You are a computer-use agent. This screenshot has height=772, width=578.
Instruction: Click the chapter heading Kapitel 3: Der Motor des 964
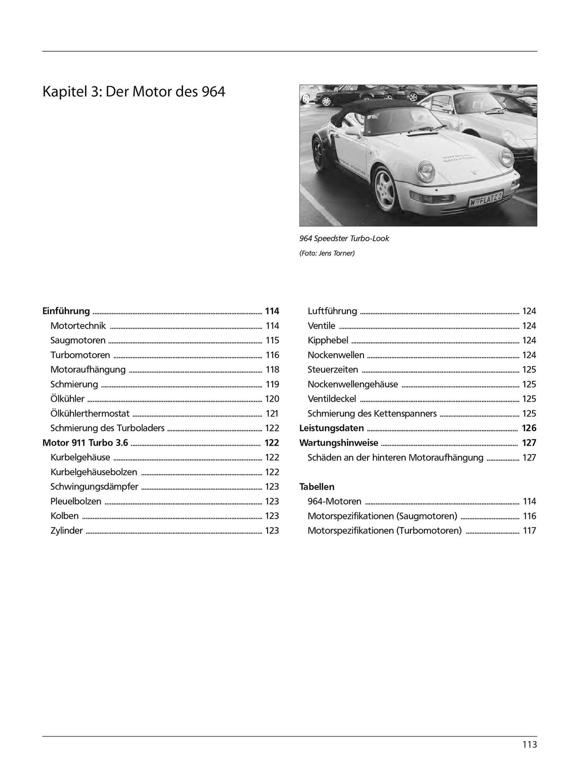[x=133, y=92]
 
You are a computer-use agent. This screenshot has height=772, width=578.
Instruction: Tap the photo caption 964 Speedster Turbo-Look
[x=344, y=238]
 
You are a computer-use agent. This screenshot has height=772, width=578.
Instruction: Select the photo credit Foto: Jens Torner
[x=327, y=253]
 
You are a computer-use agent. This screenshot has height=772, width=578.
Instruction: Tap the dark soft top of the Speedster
[x=377, y=112]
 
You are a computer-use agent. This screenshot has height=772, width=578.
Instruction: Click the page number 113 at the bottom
[x=530, y=745]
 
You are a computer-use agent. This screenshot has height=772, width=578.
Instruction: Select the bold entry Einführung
[x=66, y=311]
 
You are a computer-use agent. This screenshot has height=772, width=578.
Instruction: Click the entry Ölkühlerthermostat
[x=90, y=413]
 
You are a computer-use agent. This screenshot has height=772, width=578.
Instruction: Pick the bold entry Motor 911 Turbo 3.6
[x=85, y=443]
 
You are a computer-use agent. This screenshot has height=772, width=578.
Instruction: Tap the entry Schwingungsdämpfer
[x=94, y=486]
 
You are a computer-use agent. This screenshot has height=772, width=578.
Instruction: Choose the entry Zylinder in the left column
[x=66, y=531]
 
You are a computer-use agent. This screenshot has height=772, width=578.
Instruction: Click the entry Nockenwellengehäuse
[x=352, y=384]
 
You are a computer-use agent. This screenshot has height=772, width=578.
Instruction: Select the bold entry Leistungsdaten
[x=331, y=428]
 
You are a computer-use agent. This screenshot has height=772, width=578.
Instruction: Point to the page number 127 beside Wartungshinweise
[x=529, y=443]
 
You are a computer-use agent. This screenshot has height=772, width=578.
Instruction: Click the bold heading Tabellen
[x=316, y=487]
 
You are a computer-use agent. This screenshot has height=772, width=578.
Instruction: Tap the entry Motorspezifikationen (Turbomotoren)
[x=384, y=531]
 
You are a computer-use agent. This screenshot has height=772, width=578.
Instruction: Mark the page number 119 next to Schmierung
[x=272, y=384]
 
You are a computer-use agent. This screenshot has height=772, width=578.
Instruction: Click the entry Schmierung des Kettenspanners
[x=372, y=413]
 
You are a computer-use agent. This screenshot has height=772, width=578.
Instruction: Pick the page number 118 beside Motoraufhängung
[x=272, y=369]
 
